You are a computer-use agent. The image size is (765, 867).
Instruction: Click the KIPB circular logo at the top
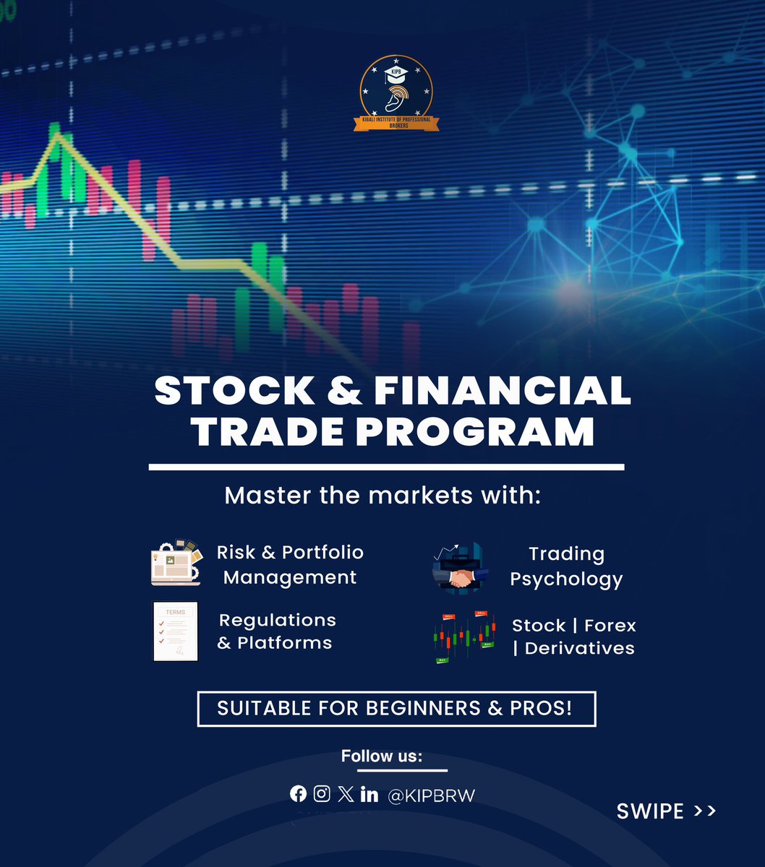396,94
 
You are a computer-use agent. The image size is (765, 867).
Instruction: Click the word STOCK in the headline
234,391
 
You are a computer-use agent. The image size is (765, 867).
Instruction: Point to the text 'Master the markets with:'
382,496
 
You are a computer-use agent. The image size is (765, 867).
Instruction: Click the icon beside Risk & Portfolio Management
176,562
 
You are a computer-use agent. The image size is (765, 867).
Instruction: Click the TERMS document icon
176,631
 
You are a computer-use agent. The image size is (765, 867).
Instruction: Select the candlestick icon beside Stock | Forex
464,637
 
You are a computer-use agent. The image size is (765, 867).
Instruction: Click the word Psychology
566,579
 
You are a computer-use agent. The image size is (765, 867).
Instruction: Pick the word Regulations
278,620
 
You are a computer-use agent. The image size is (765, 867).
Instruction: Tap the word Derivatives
579,648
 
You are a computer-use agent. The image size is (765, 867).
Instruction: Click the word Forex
610,625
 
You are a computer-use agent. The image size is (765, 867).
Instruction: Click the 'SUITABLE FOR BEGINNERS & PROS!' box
396,709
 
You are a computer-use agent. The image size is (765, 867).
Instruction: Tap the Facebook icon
298,794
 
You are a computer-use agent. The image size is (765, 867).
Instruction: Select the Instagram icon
322,794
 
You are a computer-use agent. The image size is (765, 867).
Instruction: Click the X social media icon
346,794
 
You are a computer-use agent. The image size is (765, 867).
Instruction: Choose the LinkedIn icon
369,794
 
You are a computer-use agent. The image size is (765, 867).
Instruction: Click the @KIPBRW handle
431,795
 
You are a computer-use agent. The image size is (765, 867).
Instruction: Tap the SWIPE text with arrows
666,811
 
